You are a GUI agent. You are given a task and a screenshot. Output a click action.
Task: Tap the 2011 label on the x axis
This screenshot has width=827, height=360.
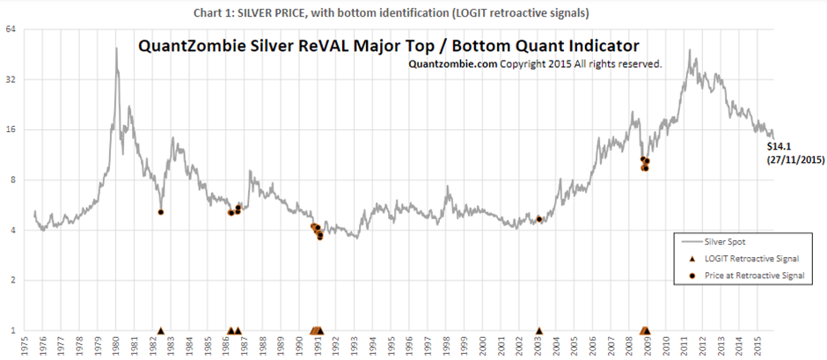686,344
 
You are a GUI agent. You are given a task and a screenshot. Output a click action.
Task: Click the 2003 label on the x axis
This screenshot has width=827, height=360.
539,344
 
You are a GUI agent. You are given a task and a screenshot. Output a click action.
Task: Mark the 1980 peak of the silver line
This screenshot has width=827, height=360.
117,48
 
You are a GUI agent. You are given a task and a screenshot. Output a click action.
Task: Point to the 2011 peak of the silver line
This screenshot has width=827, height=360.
690,50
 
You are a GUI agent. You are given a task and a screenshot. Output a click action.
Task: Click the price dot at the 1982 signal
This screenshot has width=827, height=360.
161,212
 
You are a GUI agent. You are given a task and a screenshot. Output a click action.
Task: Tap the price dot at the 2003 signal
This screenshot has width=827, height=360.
539,219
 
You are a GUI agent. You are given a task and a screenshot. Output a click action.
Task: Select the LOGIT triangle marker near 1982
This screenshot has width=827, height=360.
161,331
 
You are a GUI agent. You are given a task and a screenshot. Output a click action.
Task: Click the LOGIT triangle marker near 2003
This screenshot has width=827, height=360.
539,331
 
